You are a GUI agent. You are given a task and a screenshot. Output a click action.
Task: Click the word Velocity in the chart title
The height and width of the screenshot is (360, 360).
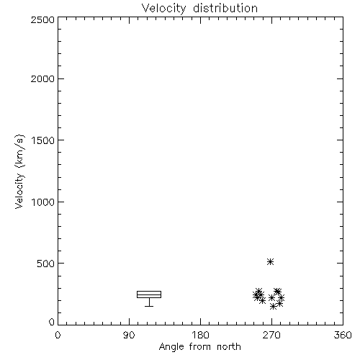point(164,9)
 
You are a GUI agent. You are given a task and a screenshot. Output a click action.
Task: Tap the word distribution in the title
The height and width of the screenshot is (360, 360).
point(225,8)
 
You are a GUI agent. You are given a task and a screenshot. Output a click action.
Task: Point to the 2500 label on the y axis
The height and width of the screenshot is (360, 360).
point(42,19)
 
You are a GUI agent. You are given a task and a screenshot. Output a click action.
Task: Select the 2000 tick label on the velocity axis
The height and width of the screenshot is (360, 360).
point(42,78)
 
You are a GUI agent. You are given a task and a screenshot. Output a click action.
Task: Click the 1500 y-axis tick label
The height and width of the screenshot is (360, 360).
point(43,140)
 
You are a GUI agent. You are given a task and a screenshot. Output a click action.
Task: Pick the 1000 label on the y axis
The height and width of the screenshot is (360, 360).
point(43,202)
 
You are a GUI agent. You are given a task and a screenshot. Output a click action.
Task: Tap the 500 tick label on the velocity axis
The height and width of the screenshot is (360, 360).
point(46,264)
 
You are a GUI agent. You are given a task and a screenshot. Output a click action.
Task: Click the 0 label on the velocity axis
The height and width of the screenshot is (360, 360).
point(52,322)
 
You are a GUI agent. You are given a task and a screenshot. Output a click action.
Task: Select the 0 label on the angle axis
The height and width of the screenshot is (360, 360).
point(58,335)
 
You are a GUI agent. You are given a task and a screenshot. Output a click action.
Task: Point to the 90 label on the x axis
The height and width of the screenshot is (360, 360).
point(129,335)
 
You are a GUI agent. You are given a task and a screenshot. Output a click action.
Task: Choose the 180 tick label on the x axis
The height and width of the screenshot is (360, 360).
point(200,335)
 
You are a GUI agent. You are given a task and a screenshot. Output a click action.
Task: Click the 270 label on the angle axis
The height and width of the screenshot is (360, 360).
point(271,335)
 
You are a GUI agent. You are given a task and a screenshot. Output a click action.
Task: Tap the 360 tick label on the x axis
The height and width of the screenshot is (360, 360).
point(343,335)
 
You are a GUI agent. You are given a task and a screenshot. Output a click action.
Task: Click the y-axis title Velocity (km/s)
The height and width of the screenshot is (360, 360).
point(19,171)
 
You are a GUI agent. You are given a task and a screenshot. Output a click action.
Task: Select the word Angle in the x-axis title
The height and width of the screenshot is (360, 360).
point(171,347)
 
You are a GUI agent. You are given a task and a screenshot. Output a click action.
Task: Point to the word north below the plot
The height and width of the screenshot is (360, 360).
point(229,347)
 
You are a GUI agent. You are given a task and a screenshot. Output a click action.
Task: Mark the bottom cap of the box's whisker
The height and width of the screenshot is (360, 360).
point(149,306)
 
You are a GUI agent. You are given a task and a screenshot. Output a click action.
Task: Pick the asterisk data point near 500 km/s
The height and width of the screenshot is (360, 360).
point(271,261)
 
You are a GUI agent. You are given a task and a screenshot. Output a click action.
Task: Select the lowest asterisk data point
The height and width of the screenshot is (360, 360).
point(273,307)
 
